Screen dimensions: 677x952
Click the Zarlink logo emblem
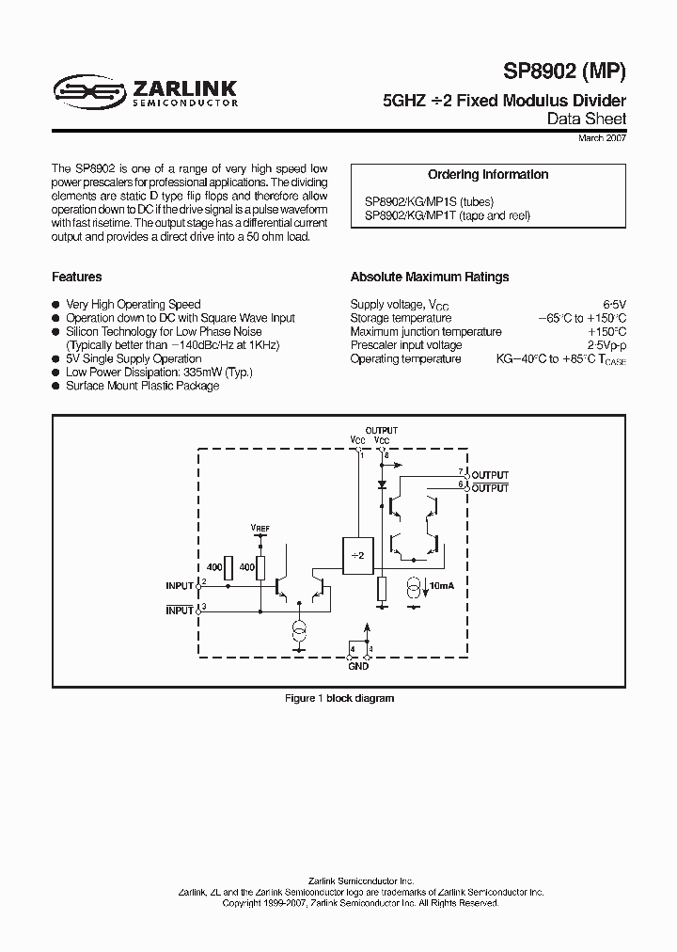90,90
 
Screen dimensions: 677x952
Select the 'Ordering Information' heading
488,175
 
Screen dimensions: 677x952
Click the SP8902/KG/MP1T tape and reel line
448,215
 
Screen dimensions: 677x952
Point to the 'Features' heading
77,278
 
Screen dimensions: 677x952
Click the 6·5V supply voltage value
614,304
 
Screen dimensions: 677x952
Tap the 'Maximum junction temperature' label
426,331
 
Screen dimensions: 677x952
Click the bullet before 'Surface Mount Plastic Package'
56,386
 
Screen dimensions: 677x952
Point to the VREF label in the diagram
260,528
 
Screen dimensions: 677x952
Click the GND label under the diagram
358,666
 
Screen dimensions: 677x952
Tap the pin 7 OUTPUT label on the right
490,475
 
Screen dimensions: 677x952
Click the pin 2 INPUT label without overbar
180,585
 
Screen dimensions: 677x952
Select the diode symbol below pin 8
382,485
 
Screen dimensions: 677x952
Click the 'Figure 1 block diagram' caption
339,698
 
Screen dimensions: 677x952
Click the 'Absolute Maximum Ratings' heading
430,278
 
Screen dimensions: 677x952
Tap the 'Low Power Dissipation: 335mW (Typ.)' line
159,373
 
